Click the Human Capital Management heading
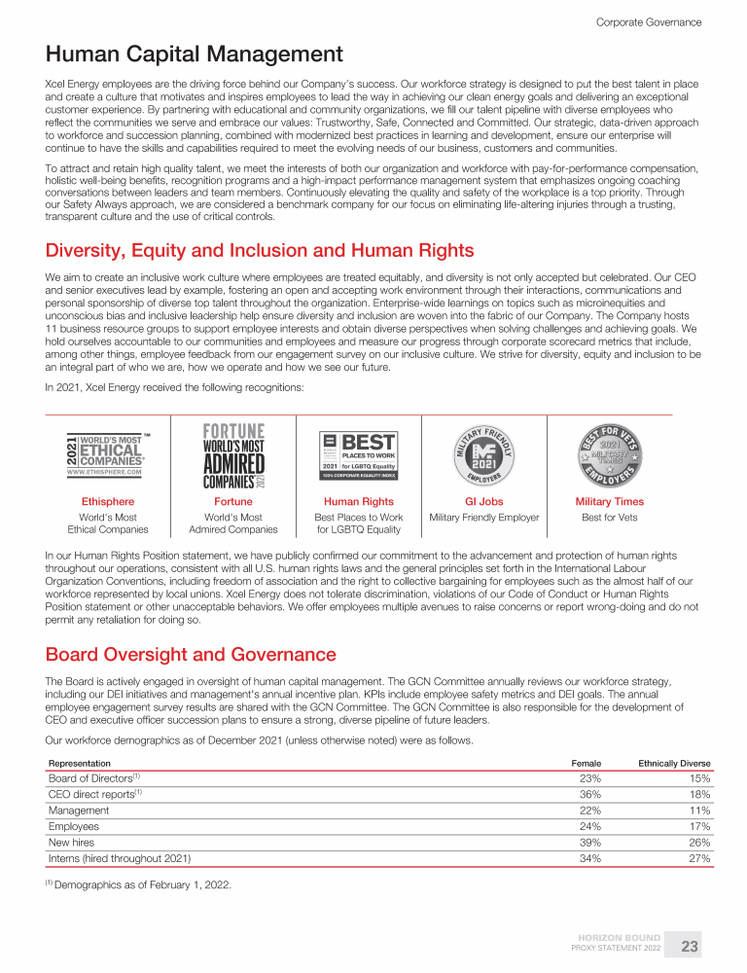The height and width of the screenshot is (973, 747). (x=194, y=54)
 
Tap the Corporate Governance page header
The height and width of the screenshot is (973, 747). (x=648, y=21)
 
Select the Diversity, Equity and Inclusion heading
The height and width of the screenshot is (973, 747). (x=260, y=251)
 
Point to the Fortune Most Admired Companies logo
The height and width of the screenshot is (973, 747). (x=233, y=455)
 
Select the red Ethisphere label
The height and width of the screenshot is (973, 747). (x=107, y=502)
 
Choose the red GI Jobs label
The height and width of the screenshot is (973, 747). (x=484, y=502)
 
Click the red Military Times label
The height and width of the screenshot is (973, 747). (x=610, y=502)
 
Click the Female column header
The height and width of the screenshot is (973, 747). (x=586, y=763)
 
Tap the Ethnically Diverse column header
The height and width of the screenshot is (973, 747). (x=674, y=763)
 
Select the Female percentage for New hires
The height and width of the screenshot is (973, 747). (x=589, y=842)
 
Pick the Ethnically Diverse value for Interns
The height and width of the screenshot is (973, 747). (x=698, y=858)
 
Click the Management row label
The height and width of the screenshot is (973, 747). (x=79, y=810)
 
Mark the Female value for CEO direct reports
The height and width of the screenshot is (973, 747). (x=589, y=794)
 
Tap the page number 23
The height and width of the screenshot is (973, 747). (x=690, y=946)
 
